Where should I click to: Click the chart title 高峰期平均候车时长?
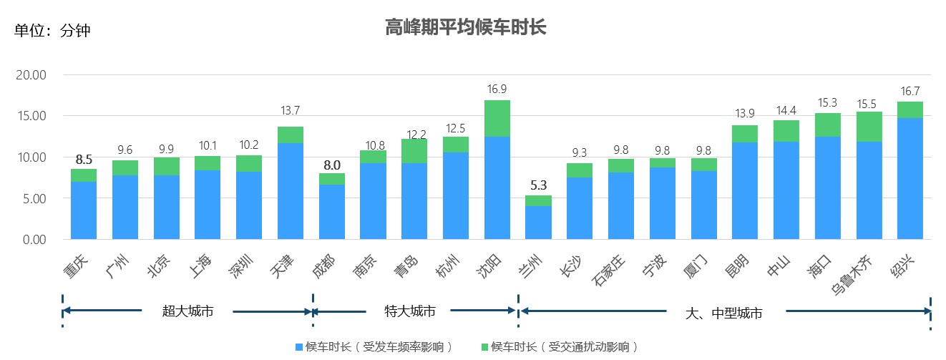click(x=466, y=28)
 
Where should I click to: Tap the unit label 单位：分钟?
click(x=52, y=31)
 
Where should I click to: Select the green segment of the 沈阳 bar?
click(x=497, y=118)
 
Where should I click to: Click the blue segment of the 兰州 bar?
click(x=539, y=222)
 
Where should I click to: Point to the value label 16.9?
click(x=497, y=89)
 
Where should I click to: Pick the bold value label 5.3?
click(x=539, y=185)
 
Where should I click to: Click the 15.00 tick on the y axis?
click(x=31, y=116)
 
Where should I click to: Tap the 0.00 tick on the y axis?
click(x=34, y=239)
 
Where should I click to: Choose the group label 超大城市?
click(x=187, y=311)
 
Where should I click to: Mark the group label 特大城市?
click(x=410, y=311)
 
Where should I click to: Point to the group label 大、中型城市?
click(x=723, y=313)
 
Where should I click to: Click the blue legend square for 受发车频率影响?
click(x=299, y=347)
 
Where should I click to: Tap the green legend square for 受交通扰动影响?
click(x=484, y=347)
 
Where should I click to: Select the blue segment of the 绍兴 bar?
click(x=910, y=179)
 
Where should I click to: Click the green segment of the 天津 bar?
click(x=291, y=135)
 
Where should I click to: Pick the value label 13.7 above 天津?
click(x=291, y=110)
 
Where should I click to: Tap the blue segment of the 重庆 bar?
click(x=84, y=210)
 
